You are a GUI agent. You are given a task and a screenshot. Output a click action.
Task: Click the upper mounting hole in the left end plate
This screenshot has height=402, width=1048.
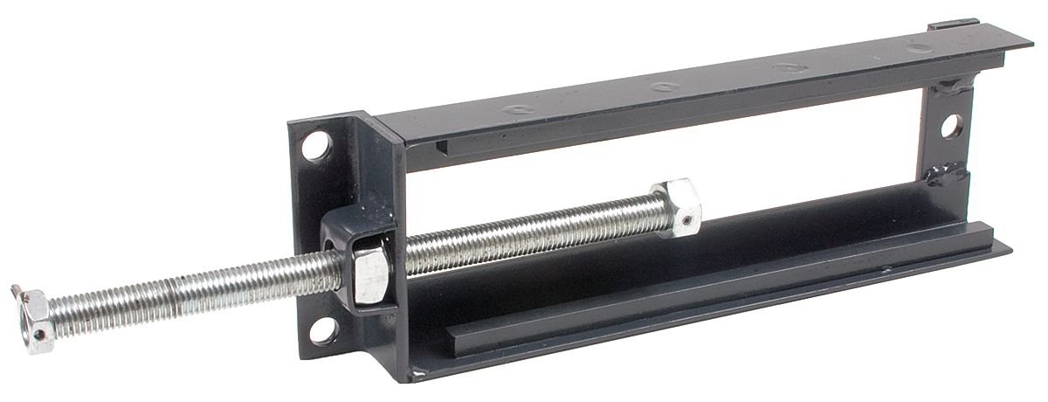tap(318, 145)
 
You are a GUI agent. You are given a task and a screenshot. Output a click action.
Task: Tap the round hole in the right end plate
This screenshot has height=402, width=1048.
tap(951, 125)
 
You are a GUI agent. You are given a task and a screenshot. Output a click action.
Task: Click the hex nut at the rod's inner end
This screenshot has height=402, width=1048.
tap(677, 207)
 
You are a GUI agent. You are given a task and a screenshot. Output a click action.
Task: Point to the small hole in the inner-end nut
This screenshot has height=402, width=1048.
tap(687, 218)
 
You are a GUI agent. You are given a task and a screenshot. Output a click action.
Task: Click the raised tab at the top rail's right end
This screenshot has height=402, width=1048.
tap(953, 24)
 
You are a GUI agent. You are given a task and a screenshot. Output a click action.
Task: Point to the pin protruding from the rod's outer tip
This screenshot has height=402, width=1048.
tap(17, 289)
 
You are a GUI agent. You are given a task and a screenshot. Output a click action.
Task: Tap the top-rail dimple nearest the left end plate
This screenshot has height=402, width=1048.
tap(515, 108)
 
